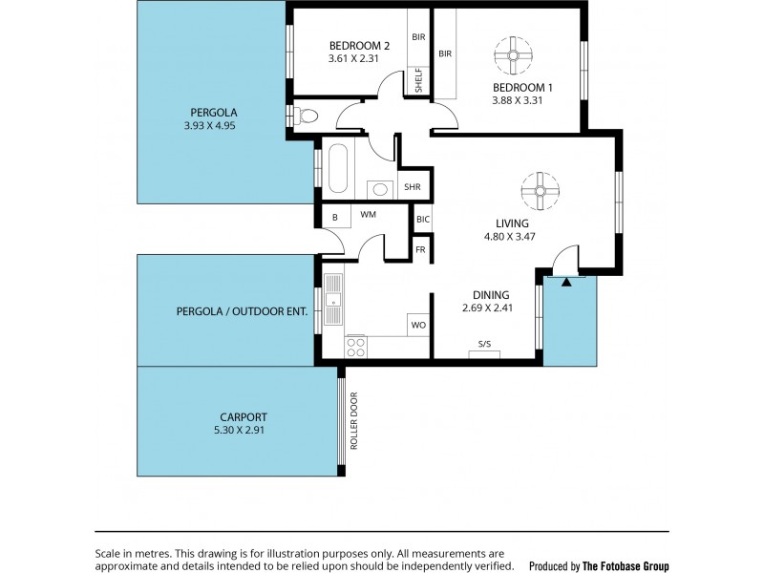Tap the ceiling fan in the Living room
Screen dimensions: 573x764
coord(540,190)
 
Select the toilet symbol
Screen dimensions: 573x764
coord(304,116)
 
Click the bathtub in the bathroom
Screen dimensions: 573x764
coord(339,169)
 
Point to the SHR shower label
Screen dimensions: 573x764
coord(412,187)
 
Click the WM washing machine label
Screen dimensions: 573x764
coord(367,216)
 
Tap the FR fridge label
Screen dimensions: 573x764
coord(419,250)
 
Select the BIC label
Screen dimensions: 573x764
coord(423,219)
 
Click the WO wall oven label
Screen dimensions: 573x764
coord(417,325)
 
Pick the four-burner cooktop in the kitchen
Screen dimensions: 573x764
coord(356,346)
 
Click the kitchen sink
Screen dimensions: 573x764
coord(332,298)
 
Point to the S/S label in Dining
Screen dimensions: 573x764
coord(484,345)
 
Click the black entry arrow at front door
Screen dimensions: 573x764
coord(567,282)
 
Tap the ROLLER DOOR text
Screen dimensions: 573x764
coord(352,421)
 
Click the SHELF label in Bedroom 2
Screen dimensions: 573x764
coord(418,80)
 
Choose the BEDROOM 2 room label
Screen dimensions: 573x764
coord(359,45)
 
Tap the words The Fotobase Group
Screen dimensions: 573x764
coord(627,565)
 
